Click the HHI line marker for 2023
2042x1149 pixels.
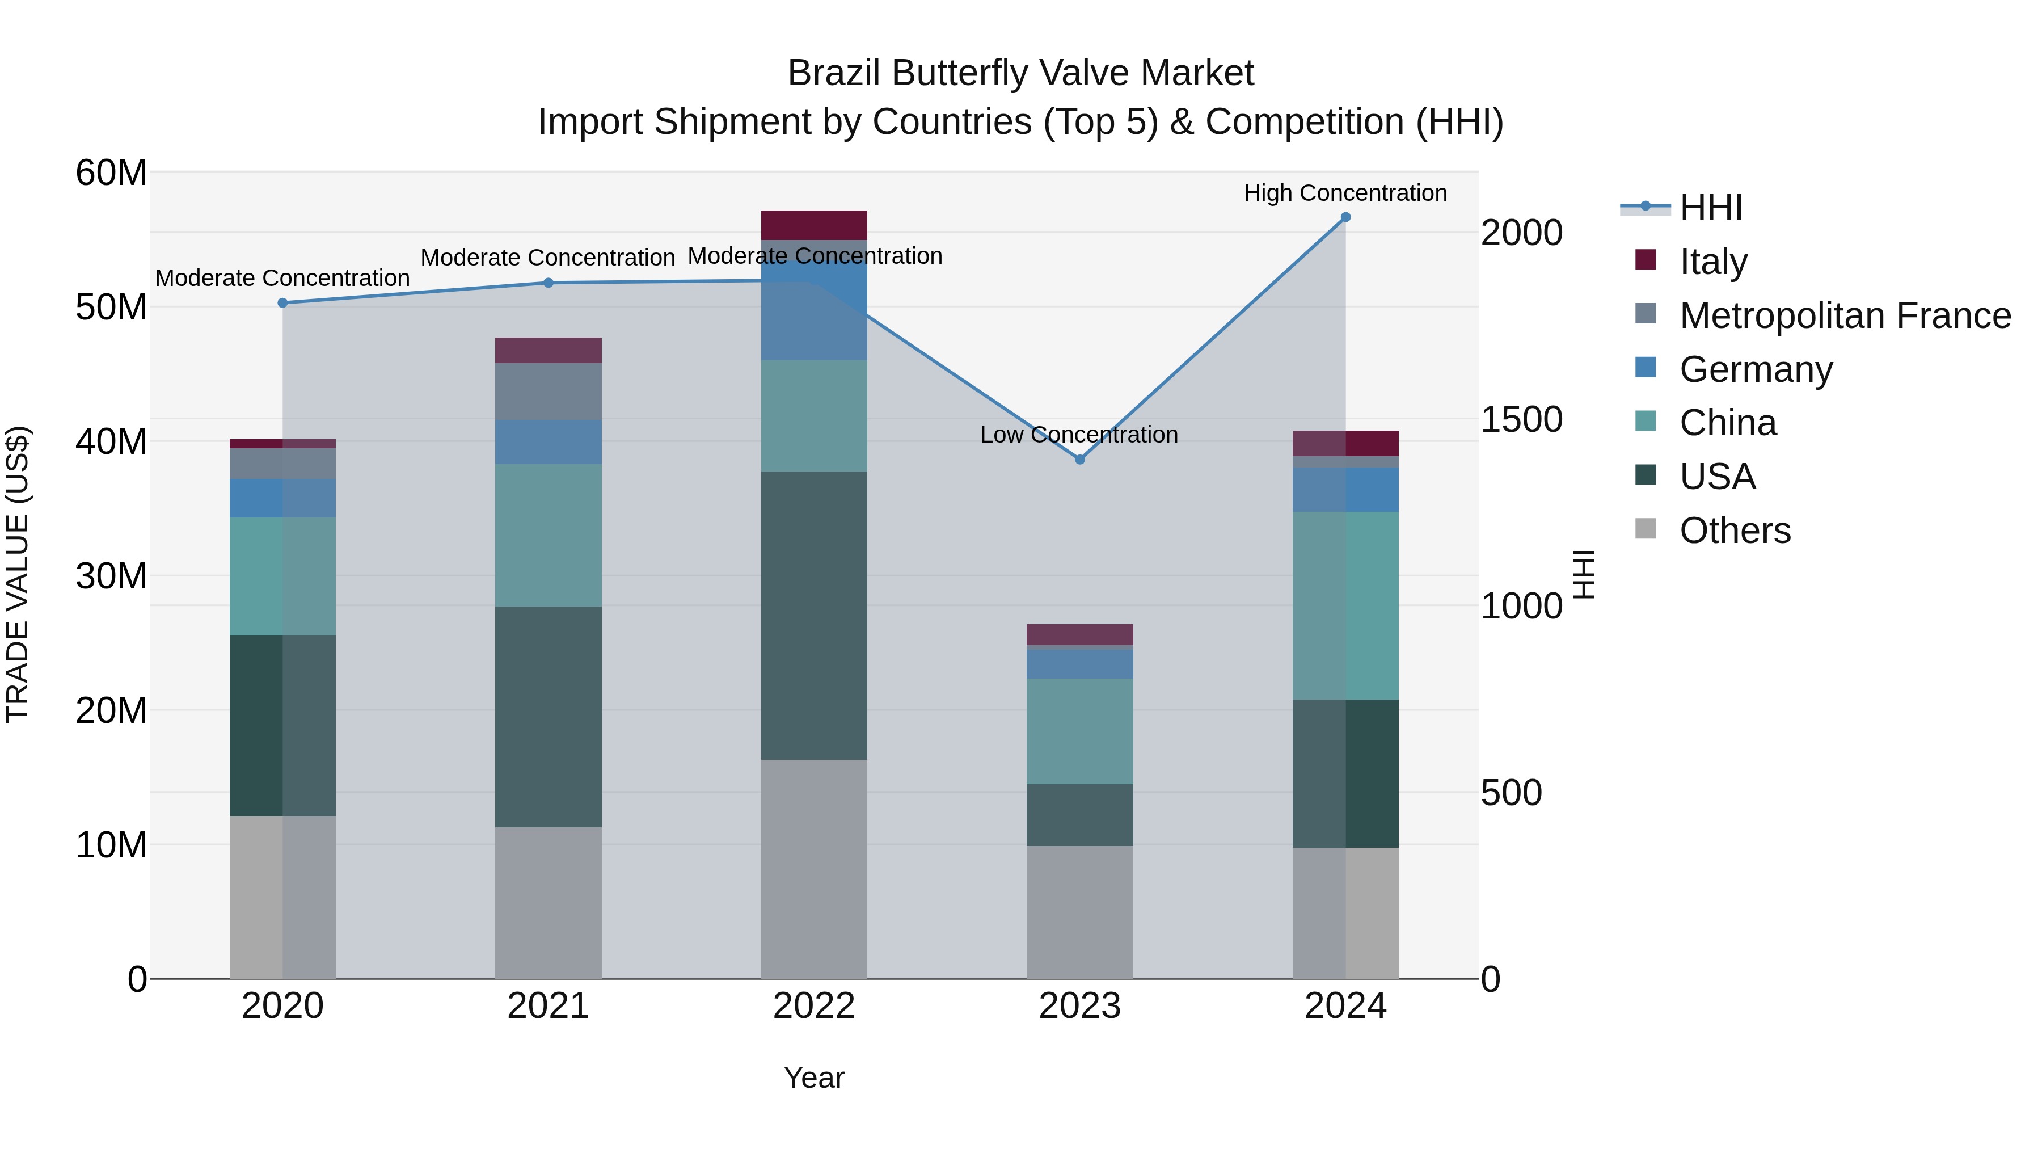click(1079, 459)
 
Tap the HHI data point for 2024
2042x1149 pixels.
click(1345, 217)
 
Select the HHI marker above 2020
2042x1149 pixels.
click(283, 303)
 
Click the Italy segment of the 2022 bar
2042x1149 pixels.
click(814, 225)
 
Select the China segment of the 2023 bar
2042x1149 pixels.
click(1079, 731)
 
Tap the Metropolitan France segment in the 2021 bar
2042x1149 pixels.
click(549, 392)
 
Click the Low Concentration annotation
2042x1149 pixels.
click(1079, 435)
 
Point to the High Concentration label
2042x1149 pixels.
click(1345, 193)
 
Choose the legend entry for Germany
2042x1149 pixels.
click(1755, 369)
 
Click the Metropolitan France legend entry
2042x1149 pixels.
click(1844, 315)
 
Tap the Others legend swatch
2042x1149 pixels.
click(1646, 529)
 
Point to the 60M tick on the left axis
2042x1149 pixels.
click(111, 173)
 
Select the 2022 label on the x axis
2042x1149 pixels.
click(814, 1006)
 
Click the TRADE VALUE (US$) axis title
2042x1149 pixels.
click(18, 574)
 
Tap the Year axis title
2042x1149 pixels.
click(814, 1078)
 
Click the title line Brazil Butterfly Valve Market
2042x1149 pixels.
click(1020, 73)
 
